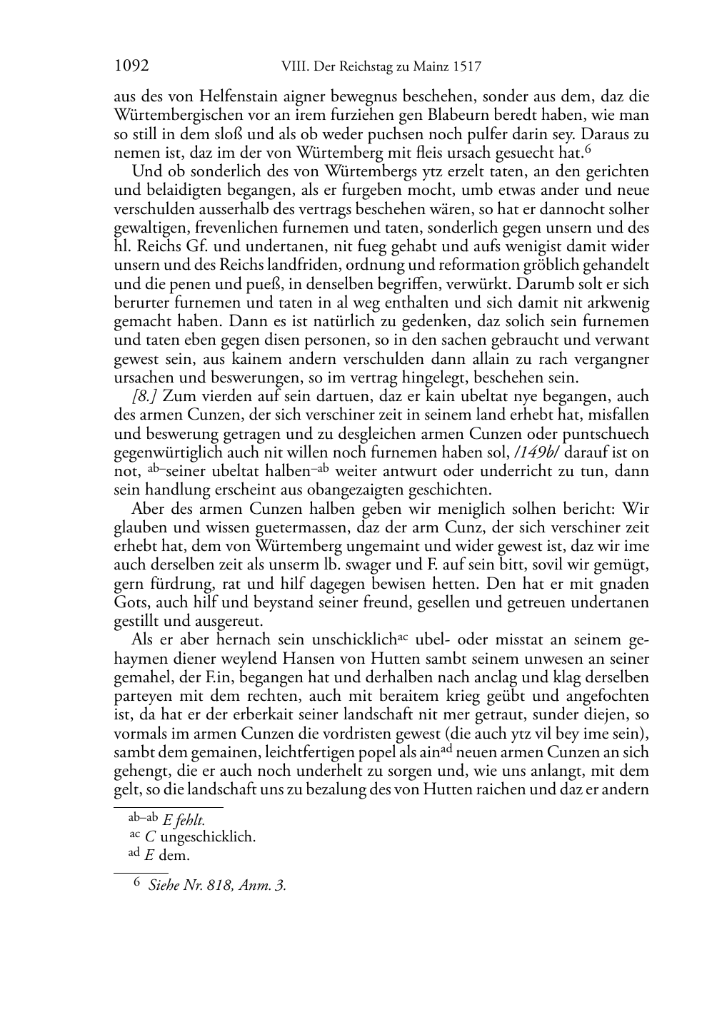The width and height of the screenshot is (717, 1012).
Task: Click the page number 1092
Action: tap(131, 67)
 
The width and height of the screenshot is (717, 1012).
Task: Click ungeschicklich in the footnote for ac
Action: tap(208, 837)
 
